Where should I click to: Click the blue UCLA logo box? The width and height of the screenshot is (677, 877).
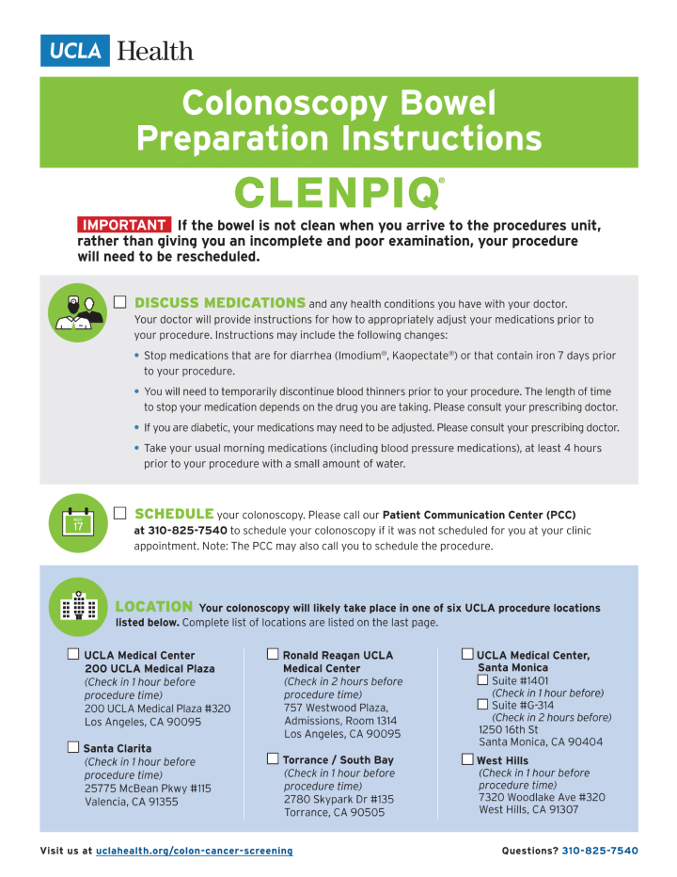pos(75,50)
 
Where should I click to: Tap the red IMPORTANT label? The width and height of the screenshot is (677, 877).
pos(123,225)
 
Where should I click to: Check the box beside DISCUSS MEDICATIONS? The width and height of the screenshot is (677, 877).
pos(120,302)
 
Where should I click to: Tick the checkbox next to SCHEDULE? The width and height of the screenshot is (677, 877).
pos(120,513)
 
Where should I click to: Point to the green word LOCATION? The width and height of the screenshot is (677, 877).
pos(154,607)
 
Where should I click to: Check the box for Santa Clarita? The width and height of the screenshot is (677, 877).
pos(73,748)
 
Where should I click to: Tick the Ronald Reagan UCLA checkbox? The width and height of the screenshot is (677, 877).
pos(273,654)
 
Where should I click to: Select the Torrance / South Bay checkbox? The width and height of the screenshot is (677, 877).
pos(273,758)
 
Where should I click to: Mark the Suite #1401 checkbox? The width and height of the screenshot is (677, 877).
pos(482,679)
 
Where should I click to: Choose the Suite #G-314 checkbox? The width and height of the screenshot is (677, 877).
pos(482,704)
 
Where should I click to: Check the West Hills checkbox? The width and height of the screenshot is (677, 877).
pos(467,759)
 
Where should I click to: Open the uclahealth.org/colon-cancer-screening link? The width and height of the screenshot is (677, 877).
pos(194,851)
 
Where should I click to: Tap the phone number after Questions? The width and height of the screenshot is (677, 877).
pos(600,851)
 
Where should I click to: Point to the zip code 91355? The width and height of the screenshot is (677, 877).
pos(159,802)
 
